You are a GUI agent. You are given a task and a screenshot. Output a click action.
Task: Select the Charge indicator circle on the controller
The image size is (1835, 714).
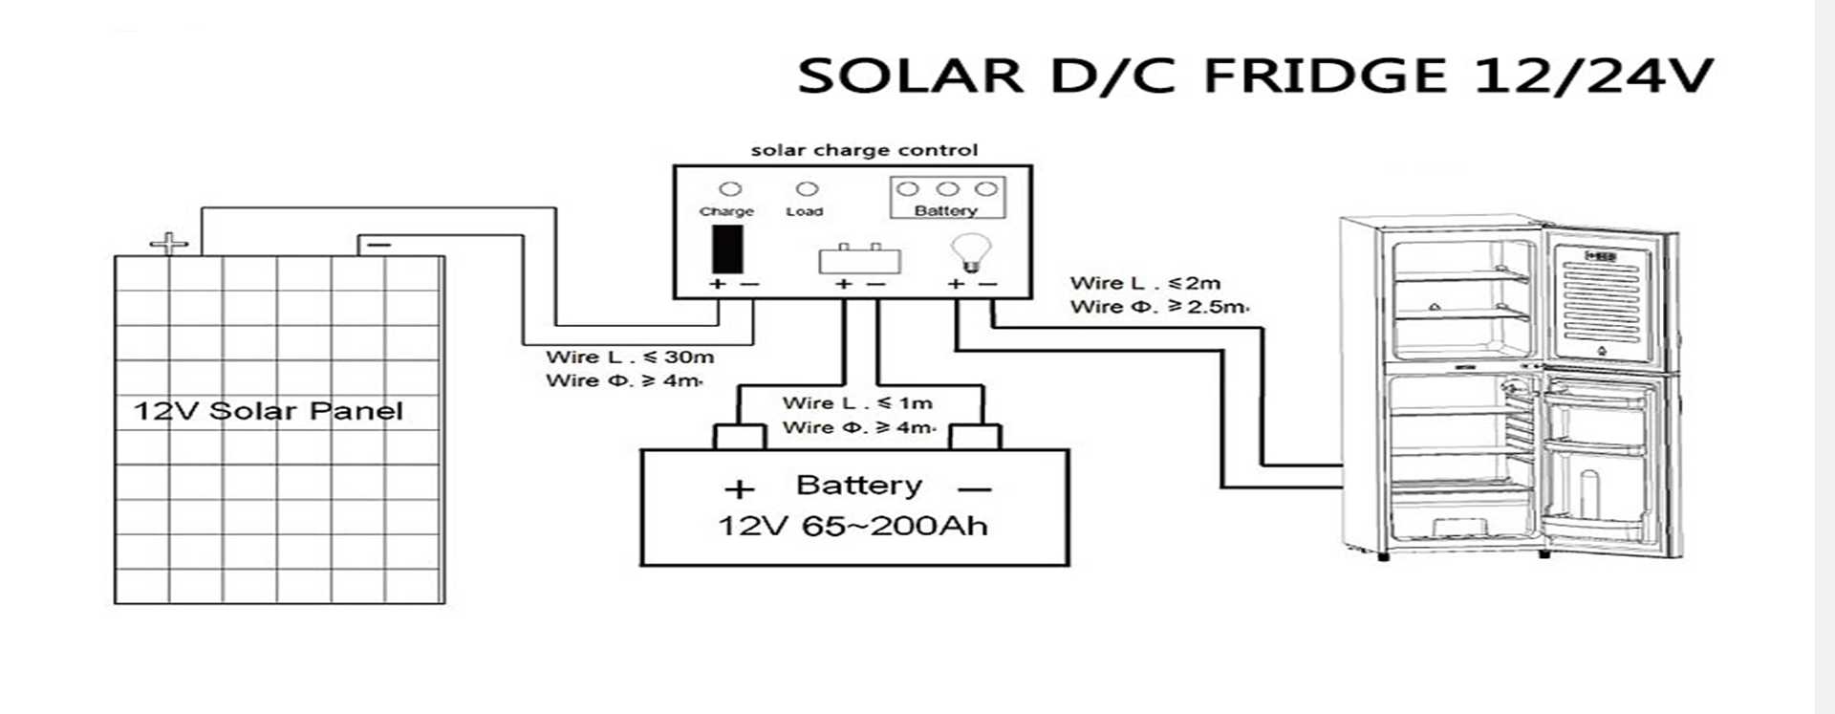click(729, 189)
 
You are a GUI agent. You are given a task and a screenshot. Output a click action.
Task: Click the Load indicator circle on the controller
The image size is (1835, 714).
click(807, 189)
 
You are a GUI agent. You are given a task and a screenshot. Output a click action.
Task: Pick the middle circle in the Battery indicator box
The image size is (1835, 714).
click(947, 189)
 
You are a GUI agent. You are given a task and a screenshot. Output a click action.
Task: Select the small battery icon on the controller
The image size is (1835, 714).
click(859, 259)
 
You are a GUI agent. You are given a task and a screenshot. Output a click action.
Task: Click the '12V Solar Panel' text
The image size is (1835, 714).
click(268, 412)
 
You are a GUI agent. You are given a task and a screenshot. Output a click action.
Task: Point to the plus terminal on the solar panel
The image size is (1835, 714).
click(169, 244)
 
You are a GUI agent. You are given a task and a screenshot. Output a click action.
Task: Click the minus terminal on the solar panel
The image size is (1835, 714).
click(378, 246)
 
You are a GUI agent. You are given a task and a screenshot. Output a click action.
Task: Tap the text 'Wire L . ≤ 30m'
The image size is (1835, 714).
click(629, 357)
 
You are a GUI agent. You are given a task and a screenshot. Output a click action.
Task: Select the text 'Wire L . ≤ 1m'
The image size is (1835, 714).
click(856, 403)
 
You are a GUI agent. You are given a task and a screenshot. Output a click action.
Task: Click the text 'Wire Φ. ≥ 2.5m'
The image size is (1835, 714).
click(1158, 307)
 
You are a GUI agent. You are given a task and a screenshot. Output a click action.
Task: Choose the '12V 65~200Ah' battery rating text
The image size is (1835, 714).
click(853, 526)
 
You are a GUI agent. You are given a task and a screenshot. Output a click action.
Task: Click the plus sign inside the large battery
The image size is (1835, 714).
click(739, 490)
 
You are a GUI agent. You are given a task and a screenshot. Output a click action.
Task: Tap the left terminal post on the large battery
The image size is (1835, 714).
click(740, 437)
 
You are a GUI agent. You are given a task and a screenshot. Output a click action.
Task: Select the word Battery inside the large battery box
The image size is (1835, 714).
click(858, 486)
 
